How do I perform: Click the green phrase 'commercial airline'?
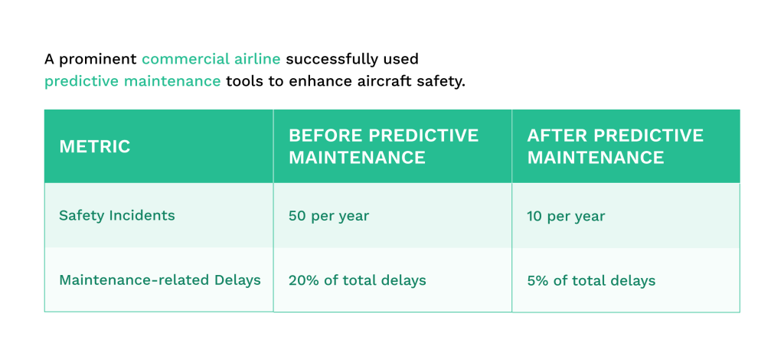[211, 59]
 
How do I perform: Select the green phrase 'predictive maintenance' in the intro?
[132, 81]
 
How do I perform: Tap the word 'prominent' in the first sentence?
[97, 59]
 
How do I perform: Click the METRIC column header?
[95, 146]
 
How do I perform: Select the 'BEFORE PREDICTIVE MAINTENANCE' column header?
[383, 146]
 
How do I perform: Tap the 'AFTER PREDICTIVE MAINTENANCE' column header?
[615, 146]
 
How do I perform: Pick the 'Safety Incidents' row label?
[116, 215]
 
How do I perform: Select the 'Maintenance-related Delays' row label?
[159, 280]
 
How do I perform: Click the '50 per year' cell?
[328, 216]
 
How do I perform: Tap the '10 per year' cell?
[566, 216]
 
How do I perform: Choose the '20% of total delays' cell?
[357, 280]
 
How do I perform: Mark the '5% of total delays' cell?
[591, 281]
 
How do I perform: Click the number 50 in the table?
[297, 216]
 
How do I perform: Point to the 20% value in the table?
[301, 280]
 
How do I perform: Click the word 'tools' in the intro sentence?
[245, 81]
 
